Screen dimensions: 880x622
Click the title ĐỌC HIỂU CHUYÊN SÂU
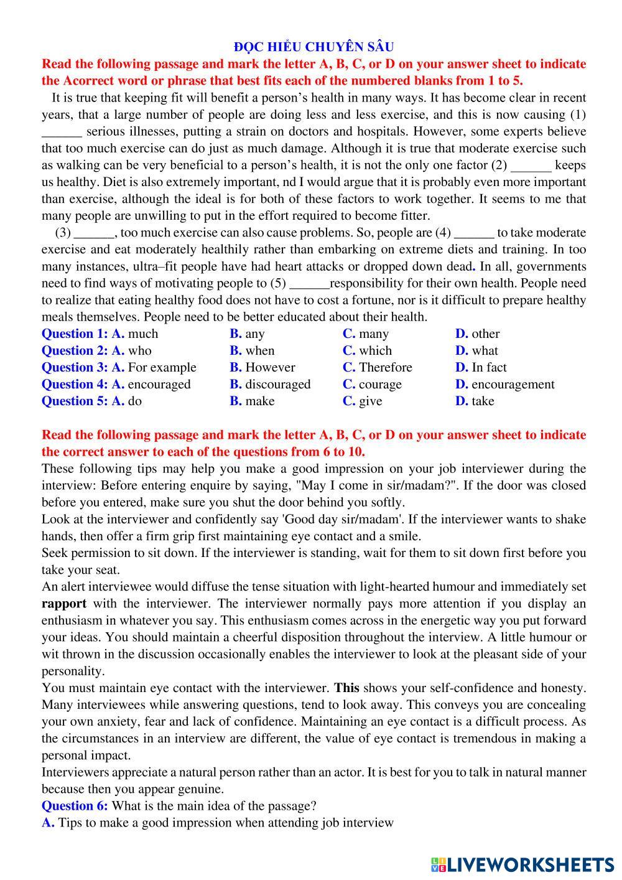313,47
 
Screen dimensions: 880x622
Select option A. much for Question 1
135,334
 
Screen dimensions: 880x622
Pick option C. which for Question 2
368,350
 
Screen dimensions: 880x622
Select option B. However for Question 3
262,367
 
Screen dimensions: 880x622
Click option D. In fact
481,367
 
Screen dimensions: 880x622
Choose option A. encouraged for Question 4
151,384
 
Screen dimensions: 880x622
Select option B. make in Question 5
252,401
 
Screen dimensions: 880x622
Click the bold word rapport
64,603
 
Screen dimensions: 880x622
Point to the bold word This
347,688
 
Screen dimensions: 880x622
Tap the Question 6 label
75,805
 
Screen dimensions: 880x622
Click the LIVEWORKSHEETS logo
522,864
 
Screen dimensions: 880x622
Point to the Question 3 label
75,367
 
